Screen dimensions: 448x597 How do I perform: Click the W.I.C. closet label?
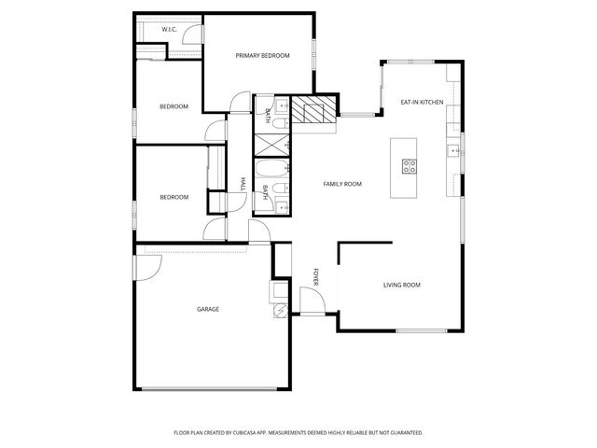click(169, 30)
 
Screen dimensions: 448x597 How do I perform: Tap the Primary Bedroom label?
click(262, 56)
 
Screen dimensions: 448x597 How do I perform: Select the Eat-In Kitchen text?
click(422, 102)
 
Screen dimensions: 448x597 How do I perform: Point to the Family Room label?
click(342, 184)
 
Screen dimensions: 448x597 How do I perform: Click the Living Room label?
click(402, 285)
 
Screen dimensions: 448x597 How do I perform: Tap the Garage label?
click(207, 309)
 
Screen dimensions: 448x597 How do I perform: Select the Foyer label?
click(316, 276)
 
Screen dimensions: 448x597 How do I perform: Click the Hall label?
click(243, 183)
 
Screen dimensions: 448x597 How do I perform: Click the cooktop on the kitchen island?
click(410, 166)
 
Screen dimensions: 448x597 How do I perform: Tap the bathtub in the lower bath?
click(271, 171)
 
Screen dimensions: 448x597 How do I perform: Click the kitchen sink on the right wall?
click(453, 147)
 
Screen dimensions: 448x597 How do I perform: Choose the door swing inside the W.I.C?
click(190, 35)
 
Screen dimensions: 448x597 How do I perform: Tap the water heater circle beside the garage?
click(280, 312)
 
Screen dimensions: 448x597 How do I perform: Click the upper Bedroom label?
click(174, 106)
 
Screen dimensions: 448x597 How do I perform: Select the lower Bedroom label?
click(174, 197)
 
